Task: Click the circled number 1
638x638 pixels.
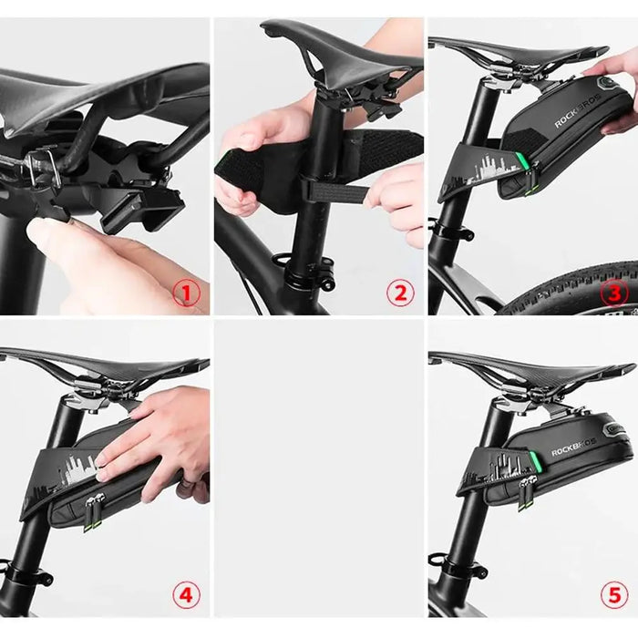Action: point(186,293)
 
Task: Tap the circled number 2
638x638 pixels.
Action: point(399,293)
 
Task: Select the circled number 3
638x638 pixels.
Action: point(614,293)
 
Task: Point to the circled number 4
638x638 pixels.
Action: point(186,596)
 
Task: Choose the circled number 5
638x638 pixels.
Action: point(614,596)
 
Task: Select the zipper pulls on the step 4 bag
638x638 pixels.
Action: point(92,513)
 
